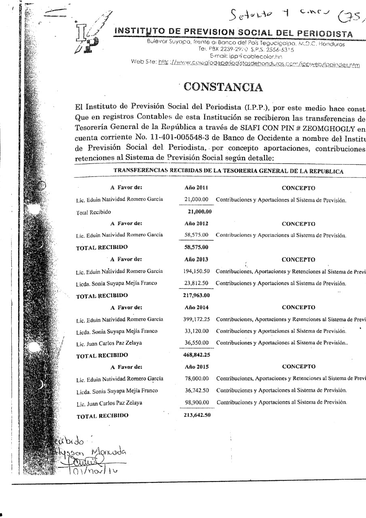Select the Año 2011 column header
(196, 188)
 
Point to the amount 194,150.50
(196, 271)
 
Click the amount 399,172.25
(196, 320)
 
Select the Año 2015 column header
(196, 367)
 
